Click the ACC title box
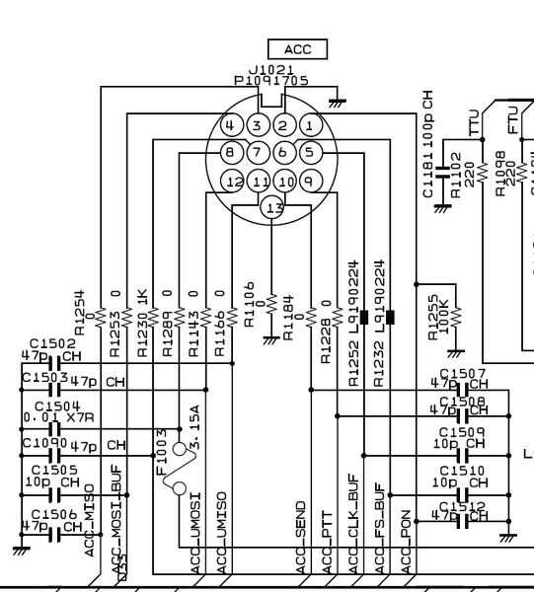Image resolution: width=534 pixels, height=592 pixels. [x=297, y=49]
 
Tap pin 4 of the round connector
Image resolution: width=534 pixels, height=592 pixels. [x=230, y=126]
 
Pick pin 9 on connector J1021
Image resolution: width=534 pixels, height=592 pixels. [x=309, y=183]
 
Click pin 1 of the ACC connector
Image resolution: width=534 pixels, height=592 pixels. [x=309, y=126]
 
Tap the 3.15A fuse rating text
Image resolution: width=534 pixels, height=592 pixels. [x=194, y=428]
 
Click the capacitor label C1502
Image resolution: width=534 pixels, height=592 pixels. [x=53, y=343]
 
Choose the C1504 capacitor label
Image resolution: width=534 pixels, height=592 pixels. [x=57, y=406]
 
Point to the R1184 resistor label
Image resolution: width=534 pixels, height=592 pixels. [x=287, y=319]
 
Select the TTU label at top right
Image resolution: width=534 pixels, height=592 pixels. [x=475, y=122]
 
